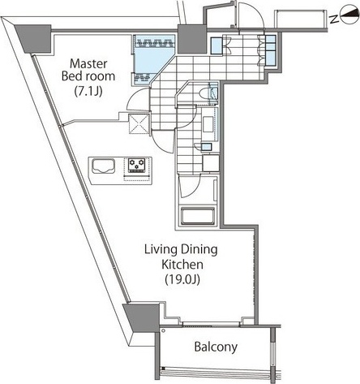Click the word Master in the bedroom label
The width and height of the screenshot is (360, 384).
[x=88, y=64]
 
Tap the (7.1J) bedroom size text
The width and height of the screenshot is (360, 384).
[x=88, y=92]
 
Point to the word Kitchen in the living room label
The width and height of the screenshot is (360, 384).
[x=182, y=265]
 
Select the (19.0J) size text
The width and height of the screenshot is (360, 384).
[x=182, y=279]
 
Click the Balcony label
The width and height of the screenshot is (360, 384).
[x=216, y=347]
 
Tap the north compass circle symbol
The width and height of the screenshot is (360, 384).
[x=349, y=15]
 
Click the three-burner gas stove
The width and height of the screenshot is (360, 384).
[x=136, y=165]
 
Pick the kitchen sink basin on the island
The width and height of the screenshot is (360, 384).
[x=104, y=166]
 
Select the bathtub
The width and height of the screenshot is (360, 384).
[x=198, y=216]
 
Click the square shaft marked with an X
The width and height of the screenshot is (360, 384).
[x=139, y=124]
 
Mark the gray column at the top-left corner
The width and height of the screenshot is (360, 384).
[x=33, y=39]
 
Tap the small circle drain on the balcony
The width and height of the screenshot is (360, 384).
[x=163, y=330]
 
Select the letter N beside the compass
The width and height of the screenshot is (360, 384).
[x=334, y=19]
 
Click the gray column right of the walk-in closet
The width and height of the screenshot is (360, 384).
[x=192, y=39]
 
